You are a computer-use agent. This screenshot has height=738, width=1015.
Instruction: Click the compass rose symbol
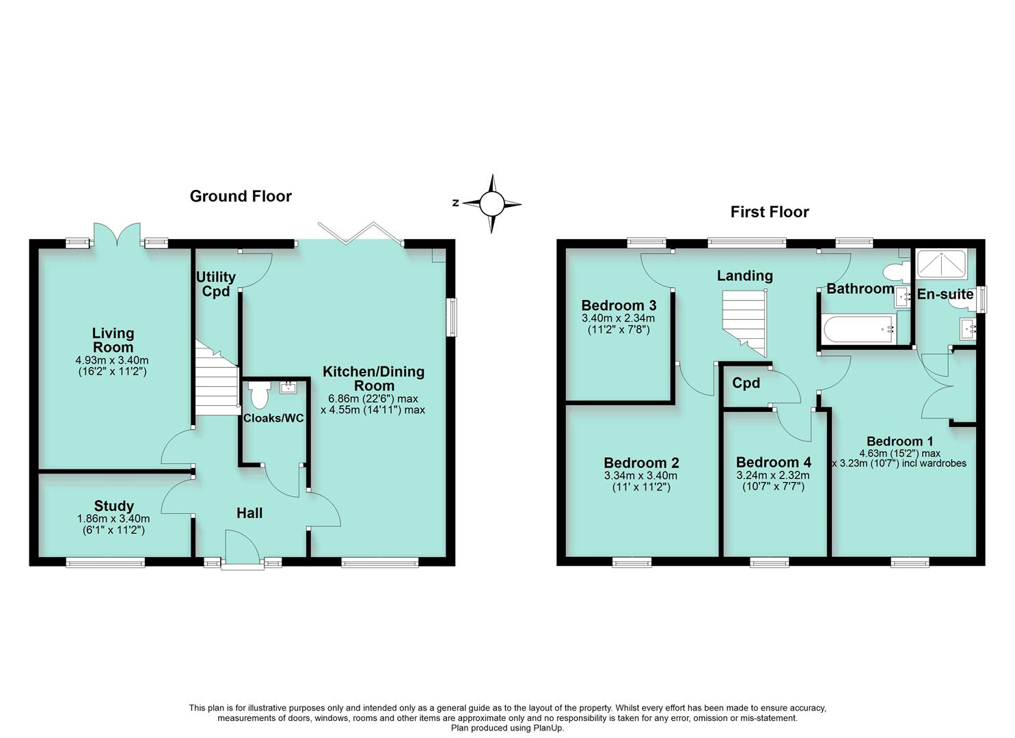pos(491,204)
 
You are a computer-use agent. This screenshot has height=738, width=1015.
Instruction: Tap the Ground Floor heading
pos(241,197)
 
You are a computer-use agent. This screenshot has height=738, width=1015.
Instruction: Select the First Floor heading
pos(770,212)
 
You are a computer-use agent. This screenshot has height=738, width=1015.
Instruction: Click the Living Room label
pos(113,340)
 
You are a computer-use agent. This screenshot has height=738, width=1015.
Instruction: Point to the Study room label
pos(113,506)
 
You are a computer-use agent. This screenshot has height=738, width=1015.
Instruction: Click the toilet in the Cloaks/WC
pos(259,395)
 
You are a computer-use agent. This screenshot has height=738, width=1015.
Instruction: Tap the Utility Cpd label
pos(215,284)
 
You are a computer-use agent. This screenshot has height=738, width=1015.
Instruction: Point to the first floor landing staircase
pos(745,321)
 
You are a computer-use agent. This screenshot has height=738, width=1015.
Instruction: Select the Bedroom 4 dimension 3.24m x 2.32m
pos(772,476)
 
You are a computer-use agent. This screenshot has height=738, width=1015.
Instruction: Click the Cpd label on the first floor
pos(746,383)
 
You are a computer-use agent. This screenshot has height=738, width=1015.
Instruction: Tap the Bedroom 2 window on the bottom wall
pos(632,562)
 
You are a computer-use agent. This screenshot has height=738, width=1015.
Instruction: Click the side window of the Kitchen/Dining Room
pos(452,316)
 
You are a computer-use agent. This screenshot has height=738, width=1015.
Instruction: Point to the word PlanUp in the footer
pos(548,728)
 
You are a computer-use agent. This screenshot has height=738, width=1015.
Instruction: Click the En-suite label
pos(945,295)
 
